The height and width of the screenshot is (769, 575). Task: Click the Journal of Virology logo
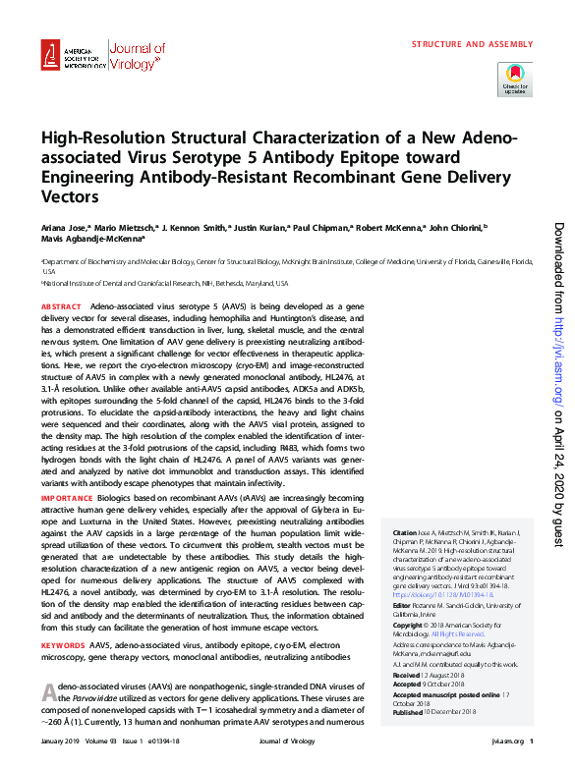(x=139, y=57)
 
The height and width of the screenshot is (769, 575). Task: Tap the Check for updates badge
(x=515, y=78)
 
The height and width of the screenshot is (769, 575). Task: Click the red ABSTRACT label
(x=61, y=307)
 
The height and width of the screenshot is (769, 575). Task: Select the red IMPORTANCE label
(x=66, y=499)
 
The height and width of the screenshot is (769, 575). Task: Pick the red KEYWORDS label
(x=63, y=617)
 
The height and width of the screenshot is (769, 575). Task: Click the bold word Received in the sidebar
(x=407, y=677)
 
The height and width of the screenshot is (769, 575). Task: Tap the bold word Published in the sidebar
(x=409, y=713)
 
